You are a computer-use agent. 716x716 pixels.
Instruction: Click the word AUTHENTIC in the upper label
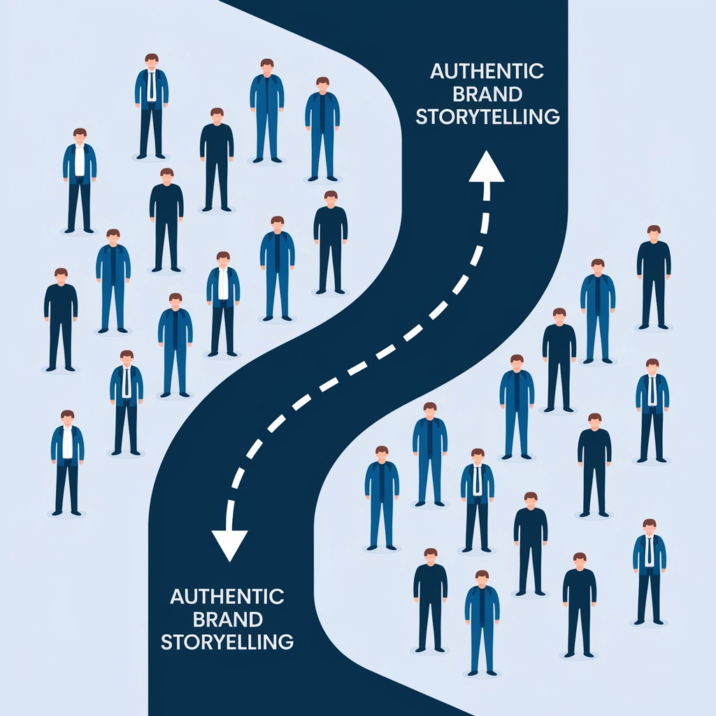[487, 71]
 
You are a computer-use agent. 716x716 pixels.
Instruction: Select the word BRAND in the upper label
[487, 94]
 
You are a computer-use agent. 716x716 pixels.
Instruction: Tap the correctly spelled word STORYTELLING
[487, 117]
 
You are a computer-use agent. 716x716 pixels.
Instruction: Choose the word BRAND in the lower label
[227, 620]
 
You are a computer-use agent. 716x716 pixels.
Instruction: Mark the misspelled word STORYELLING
[227, 642]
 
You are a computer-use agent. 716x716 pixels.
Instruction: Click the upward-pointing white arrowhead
[487, 168]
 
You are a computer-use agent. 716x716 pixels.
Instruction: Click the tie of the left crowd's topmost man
[152, 86]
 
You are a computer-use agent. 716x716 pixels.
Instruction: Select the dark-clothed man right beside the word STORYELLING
[430, 601]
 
